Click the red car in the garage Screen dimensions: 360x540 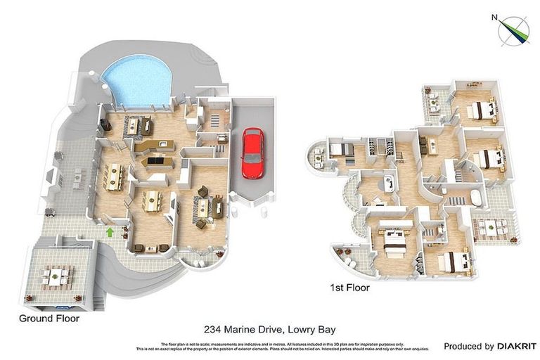(252, 153)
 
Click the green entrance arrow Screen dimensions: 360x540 (110, 231)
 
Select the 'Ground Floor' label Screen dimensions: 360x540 (49, 319)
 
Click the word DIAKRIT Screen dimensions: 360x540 (517, 347)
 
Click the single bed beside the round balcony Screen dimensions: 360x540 (340, 149)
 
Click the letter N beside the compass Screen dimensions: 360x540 (495, 18)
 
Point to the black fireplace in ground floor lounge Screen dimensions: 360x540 (105, 124)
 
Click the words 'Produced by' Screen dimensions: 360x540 (468, 347)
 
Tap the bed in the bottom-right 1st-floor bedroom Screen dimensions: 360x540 (454, 262)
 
